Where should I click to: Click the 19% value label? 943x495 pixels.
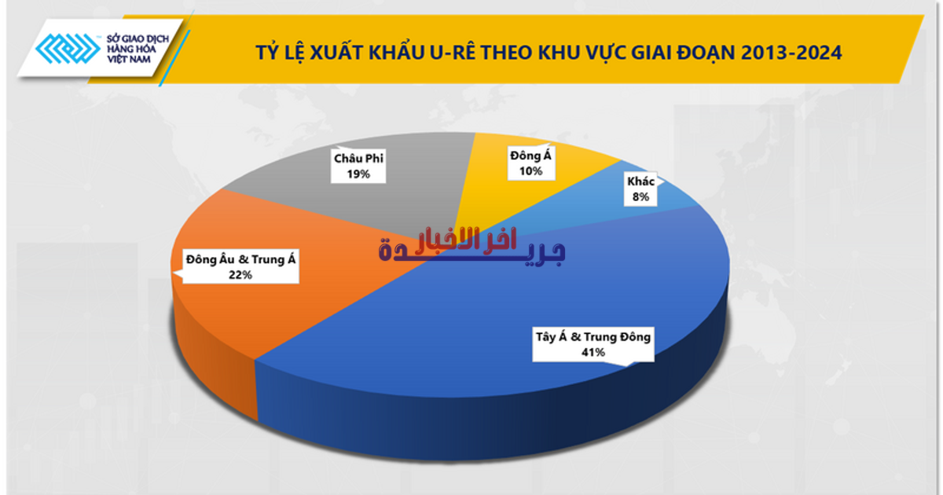pyautogui.click(x=360, y=174)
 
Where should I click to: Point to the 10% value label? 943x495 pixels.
pyautogui.click(x=531, y=170)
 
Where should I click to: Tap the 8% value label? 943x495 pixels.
pyautogui.click(x=640, y=197)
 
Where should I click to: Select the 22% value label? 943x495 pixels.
pyautogui.click(x=240, y=274)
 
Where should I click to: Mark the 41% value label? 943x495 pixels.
pyautogui.click(x=593, y=353)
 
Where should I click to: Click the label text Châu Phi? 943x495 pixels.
pyautogui.click(x=360, y=159)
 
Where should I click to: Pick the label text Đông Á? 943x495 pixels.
pyautogui.click(x=531, y=155)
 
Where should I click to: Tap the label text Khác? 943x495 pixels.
pyautogui.click(x=640, y=181)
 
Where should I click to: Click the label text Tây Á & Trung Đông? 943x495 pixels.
pyautogui.click(x=593, y=338)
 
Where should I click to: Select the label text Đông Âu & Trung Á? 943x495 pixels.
pyautogui.click(x=240, y=258)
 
